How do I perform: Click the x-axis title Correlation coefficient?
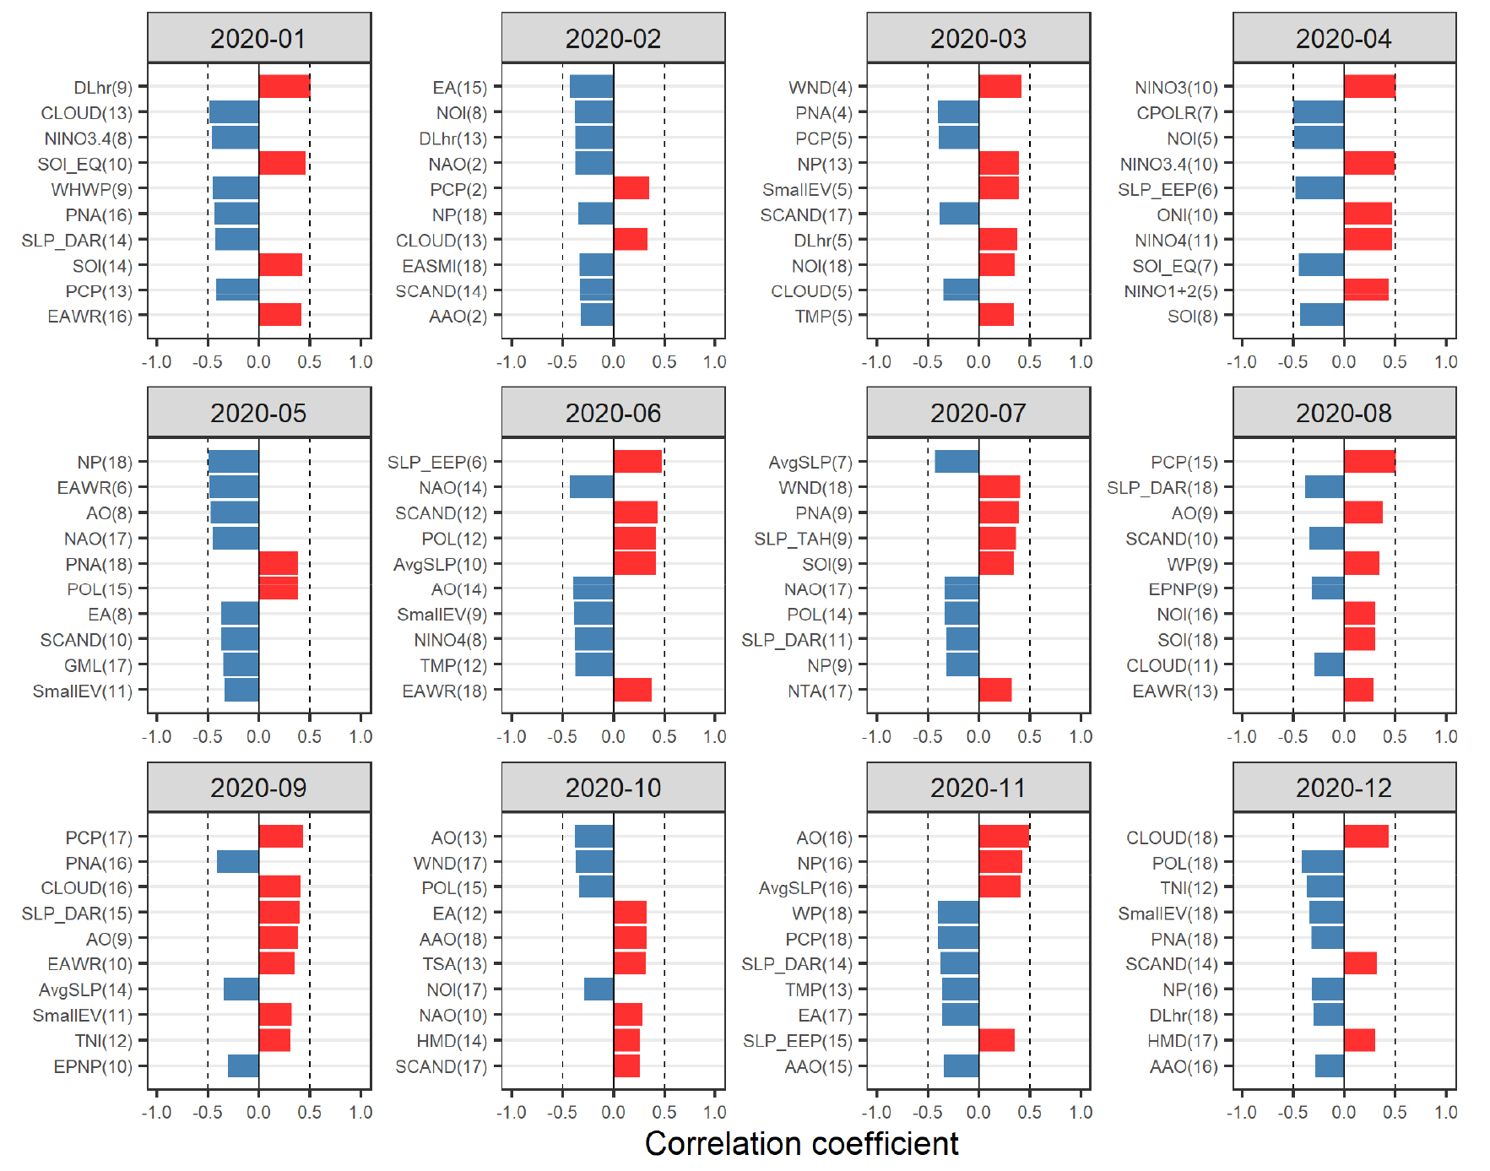tap(801, 1143)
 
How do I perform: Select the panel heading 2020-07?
tap(978, 413)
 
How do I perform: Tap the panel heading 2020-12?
tap(1343, 788)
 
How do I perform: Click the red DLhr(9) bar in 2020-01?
tap(284, 87)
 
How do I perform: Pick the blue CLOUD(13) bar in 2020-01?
tap(234, 112)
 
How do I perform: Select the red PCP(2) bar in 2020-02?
tap(631, 188)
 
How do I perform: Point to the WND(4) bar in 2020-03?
tap(1000, 87)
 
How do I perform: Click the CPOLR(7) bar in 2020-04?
tap(1319, 112)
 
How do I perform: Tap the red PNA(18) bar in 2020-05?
tap(279, 563)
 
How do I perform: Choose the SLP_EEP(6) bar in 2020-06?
tap(637, 462)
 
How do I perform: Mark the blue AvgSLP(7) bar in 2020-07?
tap(956, 462)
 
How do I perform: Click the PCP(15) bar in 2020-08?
tap(1369, 462)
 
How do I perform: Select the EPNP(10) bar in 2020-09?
tap(243, 1065)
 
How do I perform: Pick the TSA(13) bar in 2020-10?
tap(630, 963)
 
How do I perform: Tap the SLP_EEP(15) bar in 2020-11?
tap(996, 1040)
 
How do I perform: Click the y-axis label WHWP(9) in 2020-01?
tap(91, 189)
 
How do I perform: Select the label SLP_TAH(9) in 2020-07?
tap(803, 539)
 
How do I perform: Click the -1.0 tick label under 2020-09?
tap(156, 1112)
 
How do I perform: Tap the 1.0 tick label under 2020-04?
tap(1445, 362)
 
